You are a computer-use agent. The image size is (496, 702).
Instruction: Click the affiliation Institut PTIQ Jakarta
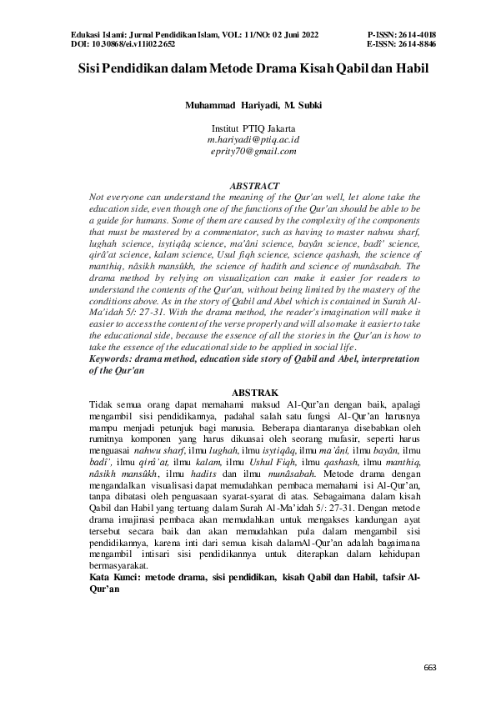(x=253, y=128)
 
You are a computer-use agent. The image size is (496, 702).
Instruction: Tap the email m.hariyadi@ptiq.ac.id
(x=253, y=139)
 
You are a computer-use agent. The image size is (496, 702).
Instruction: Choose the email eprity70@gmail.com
(x=253, y=150)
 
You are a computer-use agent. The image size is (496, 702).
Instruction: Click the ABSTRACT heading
(x=253, y=185)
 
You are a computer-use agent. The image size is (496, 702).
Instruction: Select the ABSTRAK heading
(x=253, y=391)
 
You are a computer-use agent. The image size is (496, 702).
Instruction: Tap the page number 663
(x=430, y=667)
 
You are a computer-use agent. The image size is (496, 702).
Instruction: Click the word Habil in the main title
(x=410, y=71)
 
